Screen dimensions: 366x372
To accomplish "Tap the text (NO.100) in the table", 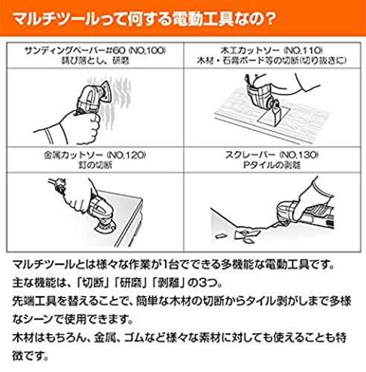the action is pyautogui.click(x=147, y=51).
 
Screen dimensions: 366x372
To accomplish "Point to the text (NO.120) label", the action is pyautogui.click(x=126, y=155).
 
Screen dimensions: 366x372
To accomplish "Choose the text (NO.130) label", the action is pyautogui.click(x=299, y=155).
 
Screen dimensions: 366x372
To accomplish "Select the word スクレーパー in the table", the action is pyautogui.click(x=251, y=155).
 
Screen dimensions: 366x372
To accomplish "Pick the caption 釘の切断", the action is pyautogui.click(x=95, y=165).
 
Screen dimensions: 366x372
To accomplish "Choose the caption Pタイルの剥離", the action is pyautogui.click(x=272, y=165).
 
